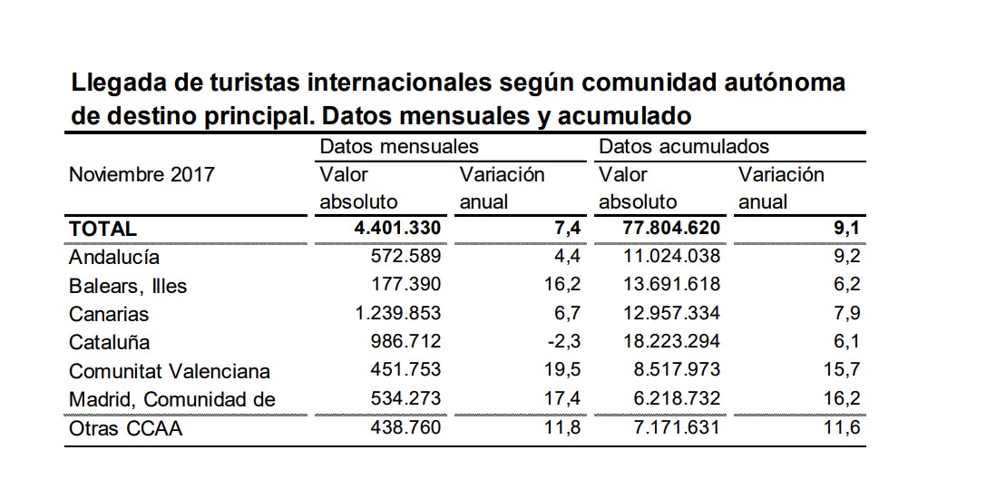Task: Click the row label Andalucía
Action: [114, 258]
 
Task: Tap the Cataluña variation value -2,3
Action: [563, 341]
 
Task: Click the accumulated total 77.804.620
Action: [671, 228]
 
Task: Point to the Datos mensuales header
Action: [399, 146]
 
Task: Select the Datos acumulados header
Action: [684, 146]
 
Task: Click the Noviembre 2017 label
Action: [142, 174]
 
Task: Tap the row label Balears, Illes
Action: [128, 286]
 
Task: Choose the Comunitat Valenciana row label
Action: [170, 371]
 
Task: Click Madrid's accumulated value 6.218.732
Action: [677, 398]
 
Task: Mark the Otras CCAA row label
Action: [126, 428]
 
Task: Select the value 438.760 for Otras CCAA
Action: [405, 426]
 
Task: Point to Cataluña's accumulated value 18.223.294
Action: [671, 341]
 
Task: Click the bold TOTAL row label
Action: [103, 229]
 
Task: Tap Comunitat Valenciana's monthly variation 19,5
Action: [562, 369]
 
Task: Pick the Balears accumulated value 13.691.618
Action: [671, 283]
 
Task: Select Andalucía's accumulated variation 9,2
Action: [846, 256]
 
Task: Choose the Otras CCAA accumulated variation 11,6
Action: [843, 426]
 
